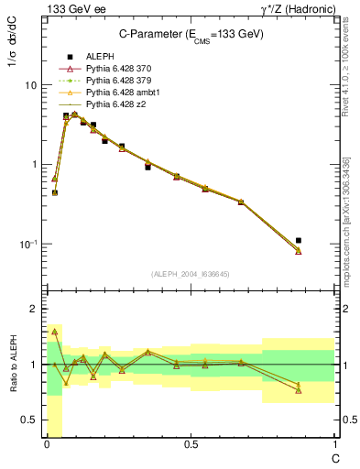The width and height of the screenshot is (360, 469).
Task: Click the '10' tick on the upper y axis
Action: [x=30, y=85]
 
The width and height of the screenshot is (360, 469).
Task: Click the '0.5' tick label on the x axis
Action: [x=191, y=444]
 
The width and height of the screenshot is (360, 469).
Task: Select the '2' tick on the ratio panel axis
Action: [x=34, y=309]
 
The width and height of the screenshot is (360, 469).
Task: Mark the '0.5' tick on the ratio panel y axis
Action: [x=30, y=420]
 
